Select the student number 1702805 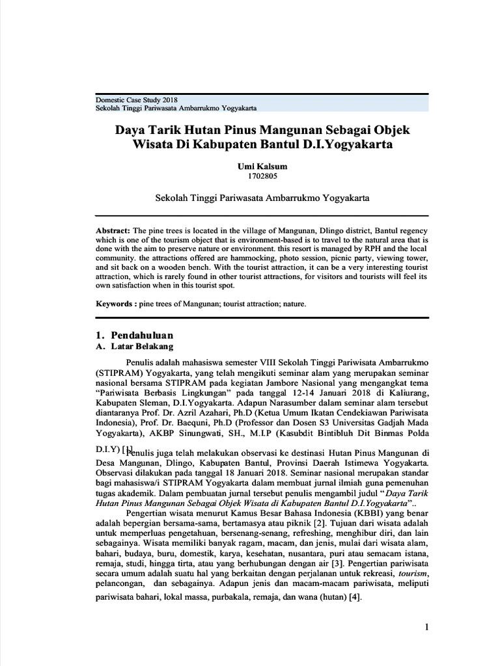click(x=264, y=176)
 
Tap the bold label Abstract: click(x=113, y=231)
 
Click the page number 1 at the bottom click(x=426, y=627)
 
